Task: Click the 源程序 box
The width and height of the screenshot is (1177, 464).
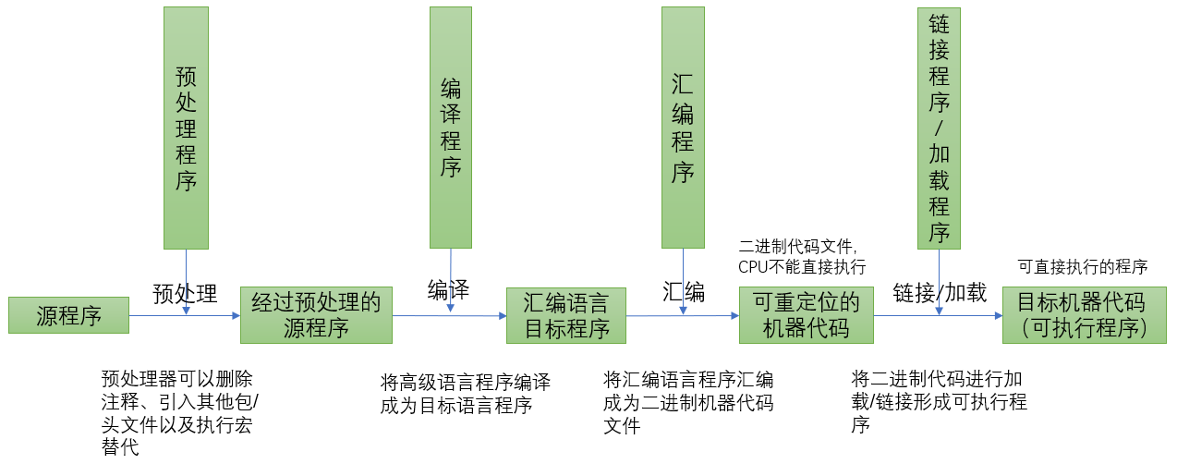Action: click(x=68, y=316)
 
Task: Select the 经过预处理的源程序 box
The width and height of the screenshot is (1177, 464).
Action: click(x=316, y=315)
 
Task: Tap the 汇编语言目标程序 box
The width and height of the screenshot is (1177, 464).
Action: click(x=565, y=315)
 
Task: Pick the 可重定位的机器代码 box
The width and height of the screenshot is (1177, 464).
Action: click(x=806, y=315)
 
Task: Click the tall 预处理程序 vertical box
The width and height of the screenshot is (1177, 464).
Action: click(x=186, y=128)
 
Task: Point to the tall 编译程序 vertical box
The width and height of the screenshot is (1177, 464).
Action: click(x=451, y=128)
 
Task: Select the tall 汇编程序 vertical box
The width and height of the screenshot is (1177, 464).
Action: click(x=683, y=128)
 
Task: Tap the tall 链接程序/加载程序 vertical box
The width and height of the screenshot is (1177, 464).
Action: click(x=940, y=128)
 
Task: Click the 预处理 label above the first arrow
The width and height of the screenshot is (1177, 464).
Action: click(x=185, y=294)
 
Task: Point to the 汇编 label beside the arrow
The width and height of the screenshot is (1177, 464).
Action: click(x=684, y=292)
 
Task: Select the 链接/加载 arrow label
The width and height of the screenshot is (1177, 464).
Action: click(x=939, y=293)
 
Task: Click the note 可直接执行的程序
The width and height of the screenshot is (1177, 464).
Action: click(x=1082, y=267)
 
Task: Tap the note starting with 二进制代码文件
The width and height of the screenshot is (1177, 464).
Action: click(x=802, y=257)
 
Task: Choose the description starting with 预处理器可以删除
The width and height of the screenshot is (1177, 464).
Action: click(x=178, y=413)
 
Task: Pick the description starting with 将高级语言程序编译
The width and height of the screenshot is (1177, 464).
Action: click(x=465, y=394)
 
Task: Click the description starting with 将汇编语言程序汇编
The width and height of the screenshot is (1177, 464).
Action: click(x=687, y=403)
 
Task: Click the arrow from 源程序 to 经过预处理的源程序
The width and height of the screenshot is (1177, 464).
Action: click(x=184, y=316)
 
